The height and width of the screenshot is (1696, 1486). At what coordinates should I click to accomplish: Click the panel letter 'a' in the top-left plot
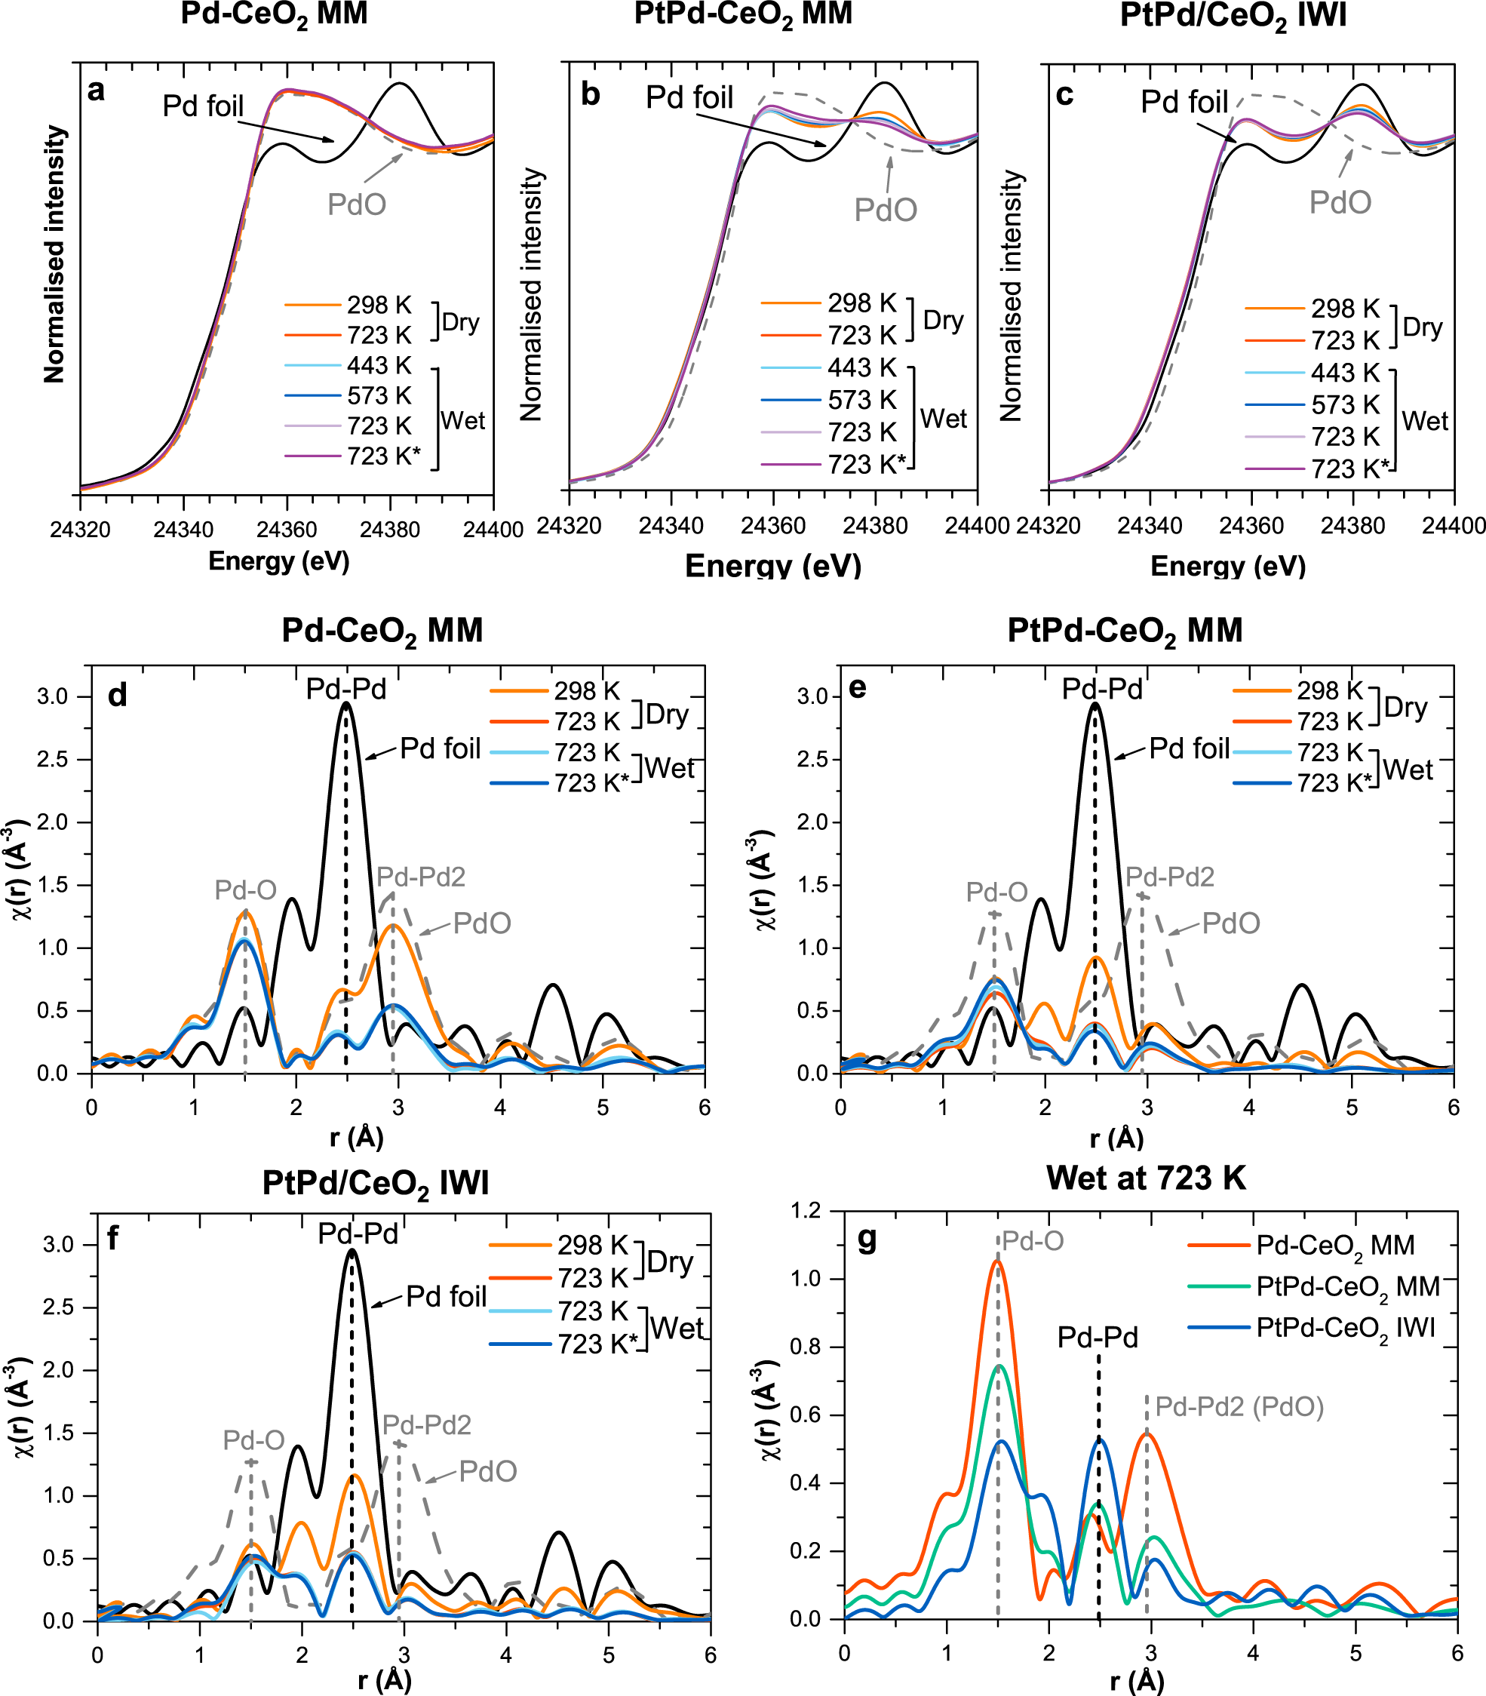[x=97, y=91]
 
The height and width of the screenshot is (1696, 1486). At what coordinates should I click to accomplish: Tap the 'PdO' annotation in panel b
[x=886, y=210]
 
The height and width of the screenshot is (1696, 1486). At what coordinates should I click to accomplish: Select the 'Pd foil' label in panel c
[x=1184, y=102]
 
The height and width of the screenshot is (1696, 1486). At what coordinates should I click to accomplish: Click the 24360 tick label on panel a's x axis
[x=287, y=529]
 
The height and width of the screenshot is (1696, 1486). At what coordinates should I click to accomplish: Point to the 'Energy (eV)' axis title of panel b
[x=773, y=566]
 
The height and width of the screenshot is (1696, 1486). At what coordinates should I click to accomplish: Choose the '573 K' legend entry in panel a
[x=379, y=395]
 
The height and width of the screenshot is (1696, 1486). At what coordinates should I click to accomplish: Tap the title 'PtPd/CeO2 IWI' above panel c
[x=1233, y=17]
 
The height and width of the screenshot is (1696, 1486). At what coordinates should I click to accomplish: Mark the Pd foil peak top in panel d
[x=345, y=704]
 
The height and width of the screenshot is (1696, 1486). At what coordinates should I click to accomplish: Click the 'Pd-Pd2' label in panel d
[x=421, y=877]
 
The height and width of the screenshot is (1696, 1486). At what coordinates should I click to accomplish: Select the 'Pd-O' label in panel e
[x=996, y=892]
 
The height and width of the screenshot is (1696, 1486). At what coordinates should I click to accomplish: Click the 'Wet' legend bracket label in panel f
[x=677, y=1329]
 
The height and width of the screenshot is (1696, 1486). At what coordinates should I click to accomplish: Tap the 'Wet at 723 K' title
[x=1146, y=1178]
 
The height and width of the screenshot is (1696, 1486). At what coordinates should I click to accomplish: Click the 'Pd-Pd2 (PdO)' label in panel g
[x=1239, y=1406]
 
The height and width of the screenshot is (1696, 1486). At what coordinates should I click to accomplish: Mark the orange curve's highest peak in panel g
[x=997, y=1261]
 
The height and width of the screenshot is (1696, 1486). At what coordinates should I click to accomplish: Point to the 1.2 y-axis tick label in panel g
[x=804, y=1211]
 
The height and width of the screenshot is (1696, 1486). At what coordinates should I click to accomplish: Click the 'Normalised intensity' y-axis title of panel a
[x=55, y=253]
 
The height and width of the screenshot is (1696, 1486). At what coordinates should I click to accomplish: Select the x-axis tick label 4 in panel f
[x=506, y=1655]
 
